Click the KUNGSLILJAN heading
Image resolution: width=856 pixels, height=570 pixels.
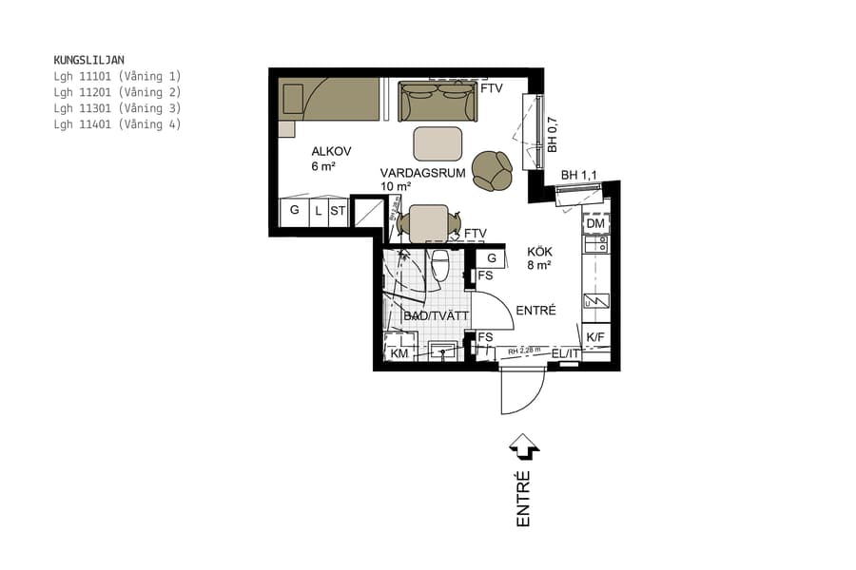(x=88, y=59)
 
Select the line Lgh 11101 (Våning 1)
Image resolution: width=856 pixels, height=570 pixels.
(x=117, y=76)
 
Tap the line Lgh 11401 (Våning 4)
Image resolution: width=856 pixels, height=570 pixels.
(x=117, y=124)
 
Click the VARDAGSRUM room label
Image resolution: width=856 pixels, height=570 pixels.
(x=421, y=173)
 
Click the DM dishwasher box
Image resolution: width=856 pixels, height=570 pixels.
(x=595, y=224)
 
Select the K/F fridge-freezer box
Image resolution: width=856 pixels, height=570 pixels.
(x=595, y=337)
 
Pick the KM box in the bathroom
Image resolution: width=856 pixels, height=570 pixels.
(x=399, y=353)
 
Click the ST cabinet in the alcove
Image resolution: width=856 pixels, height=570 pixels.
(x=338, y=212)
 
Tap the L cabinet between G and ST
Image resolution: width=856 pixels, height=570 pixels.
(x=318, y=212)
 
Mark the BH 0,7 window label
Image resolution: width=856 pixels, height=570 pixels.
(x=552, y=135)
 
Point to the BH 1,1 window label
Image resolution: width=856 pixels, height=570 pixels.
(x=579, y=176)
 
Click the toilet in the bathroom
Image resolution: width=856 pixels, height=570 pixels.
(x=439, y=265)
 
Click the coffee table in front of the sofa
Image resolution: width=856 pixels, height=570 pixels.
(x=438, y=143)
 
